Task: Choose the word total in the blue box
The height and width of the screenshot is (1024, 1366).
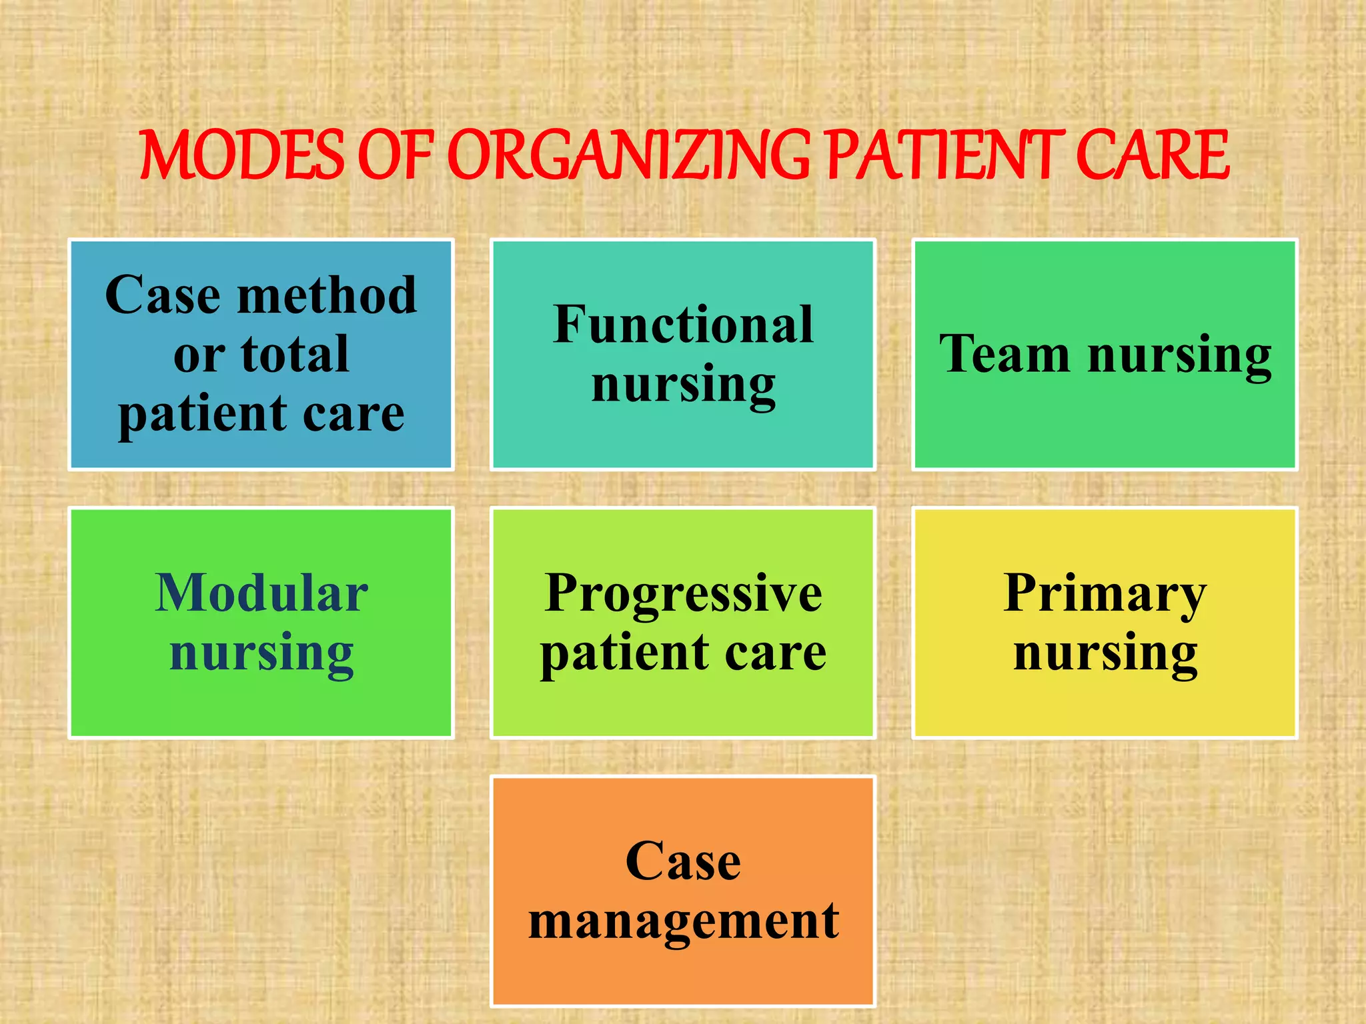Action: point(295,354)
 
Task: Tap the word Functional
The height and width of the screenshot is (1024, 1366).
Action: point(683,325)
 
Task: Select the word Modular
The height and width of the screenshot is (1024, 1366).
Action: point(261,593)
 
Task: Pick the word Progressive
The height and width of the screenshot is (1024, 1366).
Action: point(683,593)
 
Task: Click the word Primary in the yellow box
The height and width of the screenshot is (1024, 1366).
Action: point(1105,593)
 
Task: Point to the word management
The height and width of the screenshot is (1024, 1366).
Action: point(683,921)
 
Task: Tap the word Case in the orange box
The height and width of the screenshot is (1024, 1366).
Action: point(683,861)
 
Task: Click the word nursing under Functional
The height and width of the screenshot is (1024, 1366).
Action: point(683,385)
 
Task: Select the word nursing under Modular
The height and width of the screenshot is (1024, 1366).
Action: point(261,653)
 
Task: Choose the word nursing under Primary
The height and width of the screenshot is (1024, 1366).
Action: point(1105,653)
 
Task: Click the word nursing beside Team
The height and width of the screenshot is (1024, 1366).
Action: point(1179,355)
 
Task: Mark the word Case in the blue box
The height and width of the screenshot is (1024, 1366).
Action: point(163,295)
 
